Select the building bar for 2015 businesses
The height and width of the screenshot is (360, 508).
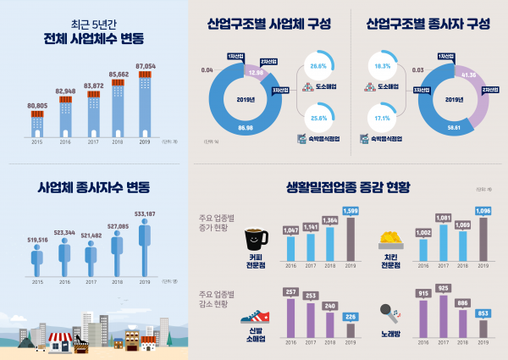pos(37,125)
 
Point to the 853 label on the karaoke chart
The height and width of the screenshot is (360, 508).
pos(483,312)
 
